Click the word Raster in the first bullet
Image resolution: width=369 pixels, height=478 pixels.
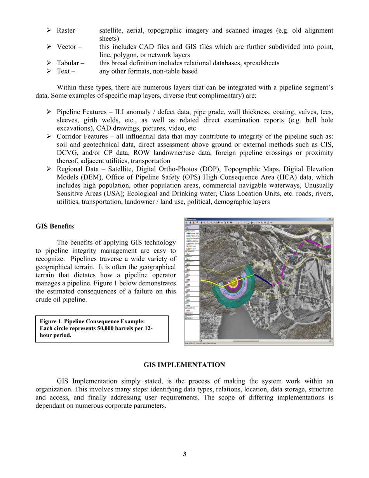click(66, 30)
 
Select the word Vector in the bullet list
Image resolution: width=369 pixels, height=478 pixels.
click(66, 47)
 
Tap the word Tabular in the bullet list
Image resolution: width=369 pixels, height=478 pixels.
click(68, 63)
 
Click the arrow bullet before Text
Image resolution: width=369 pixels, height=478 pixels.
click(49, 71)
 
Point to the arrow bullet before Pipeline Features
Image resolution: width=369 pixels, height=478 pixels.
click(49, 112)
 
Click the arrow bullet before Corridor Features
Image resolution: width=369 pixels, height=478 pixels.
click(49, 136)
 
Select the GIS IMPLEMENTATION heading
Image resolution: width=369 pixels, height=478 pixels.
click(184, 365)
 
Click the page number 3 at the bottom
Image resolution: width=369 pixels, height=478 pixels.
click(184, 454)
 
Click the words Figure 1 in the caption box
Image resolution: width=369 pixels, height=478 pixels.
click(50, 321)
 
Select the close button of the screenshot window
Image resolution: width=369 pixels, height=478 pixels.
click(331, 219)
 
